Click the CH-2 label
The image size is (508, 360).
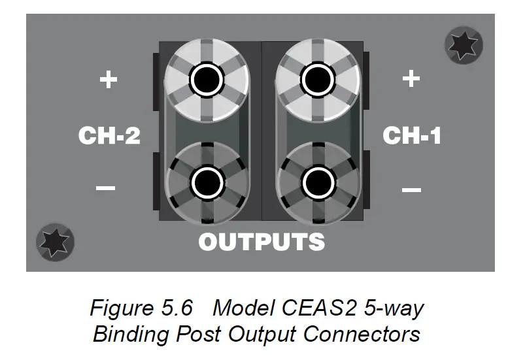[109, 136]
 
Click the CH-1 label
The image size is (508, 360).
[411, 136]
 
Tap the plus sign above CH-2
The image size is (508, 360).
[108, 80]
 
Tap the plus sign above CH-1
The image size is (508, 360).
[411, 78]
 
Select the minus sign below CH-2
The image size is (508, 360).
[106, 189]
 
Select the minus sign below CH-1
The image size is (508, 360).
[411, 190]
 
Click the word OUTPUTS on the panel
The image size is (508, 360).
[262, 242]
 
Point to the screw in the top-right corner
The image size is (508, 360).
[463, 44]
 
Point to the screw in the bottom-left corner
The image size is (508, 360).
[55, 240]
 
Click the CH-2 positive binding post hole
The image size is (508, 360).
[207, 80]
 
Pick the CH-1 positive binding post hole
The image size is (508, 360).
[316, 80]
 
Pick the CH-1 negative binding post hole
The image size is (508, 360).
[316, 178]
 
